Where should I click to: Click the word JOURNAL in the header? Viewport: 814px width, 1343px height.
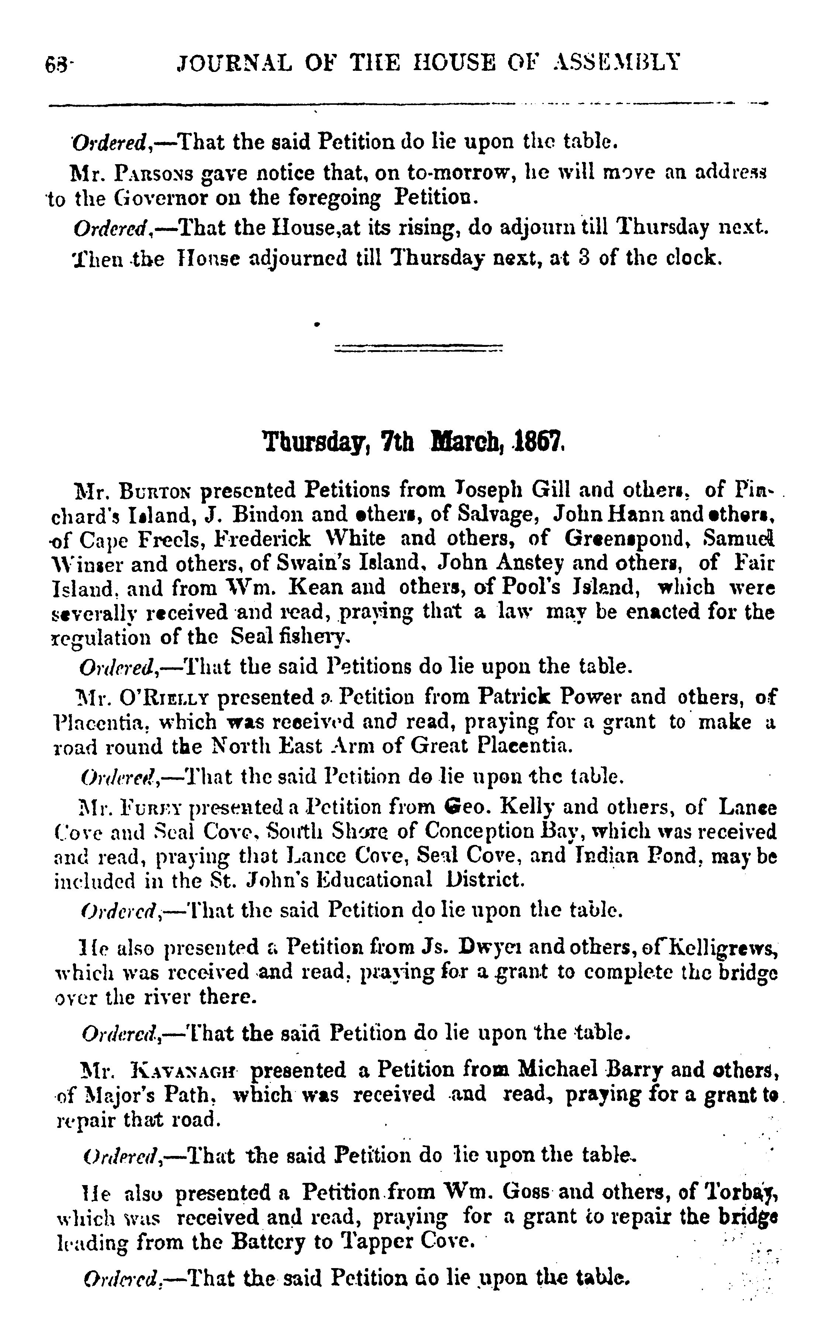pyautogui.click(x=235, y=64)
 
